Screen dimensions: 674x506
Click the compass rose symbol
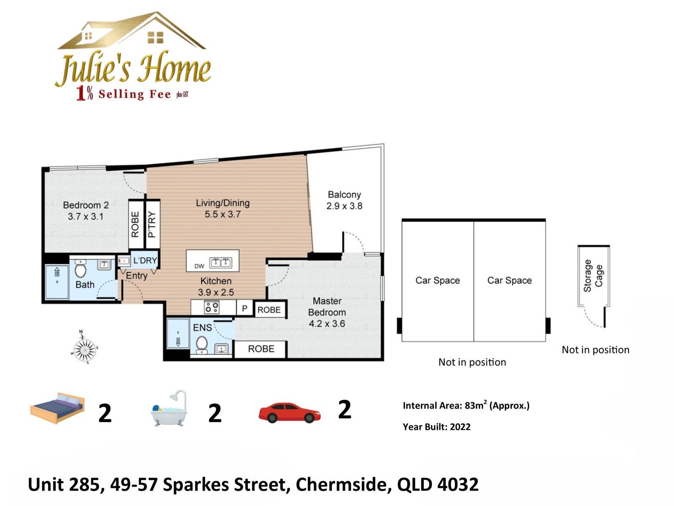tap(84, 347)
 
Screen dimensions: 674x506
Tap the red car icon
tap(289, 413)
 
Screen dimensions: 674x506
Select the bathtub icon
tap(169, 408)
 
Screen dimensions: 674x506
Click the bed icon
tap(57, 408)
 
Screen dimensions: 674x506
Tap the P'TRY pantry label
tap(152, 225)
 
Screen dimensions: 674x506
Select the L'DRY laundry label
tap(145, 261)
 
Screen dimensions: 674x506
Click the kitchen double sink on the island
tap(220, 263)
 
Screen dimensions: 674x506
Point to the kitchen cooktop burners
tap(212, 307)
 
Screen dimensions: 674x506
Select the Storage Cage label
tap(593, 276)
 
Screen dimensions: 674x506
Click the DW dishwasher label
tap(199, 266)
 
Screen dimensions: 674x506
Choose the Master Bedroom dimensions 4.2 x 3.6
tap(327, 323)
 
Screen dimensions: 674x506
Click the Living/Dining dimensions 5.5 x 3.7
tap(222, 214)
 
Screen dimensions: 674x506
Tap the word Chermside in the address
tap(344, 484)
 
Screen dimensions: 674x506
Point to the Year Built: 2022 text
tap(436, 427)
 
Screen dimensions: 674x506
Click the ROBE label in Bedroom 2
tap(135, 224)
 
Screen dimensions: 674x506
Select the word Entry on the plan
tap(136, 276)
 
